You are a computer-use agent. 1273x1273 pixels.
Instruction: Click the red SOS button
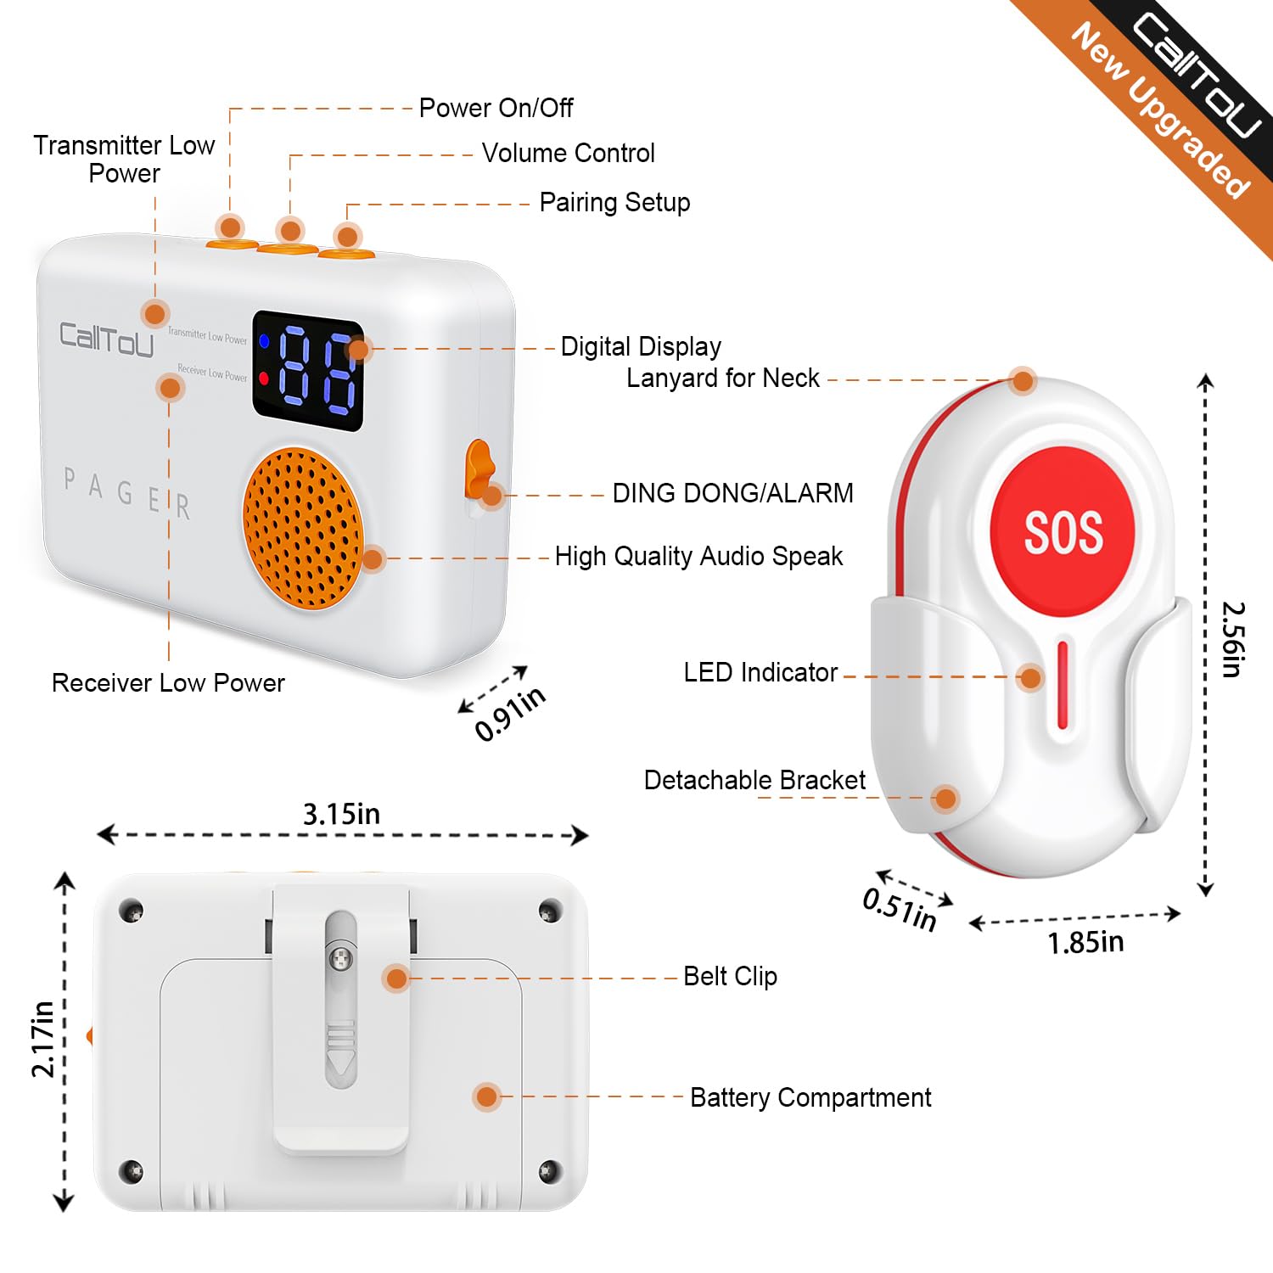pos(1063,532)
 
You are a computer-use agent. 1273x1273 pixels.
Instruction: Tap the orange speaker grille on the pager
pos(302,528)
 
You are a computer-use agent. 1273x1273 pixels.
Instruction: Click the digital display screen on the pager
pos(308,371)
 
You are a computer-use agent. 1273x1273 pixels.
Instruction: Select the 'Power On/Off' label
pos(496,109)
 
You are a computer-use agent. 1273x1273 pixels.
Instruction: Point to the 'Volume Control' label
pos(568,154)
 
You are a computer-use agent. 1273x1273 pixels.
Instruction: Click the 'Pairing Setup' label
pos(614,203)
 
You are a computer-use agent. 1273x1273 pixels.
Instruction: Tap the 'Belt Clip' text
pos(730,977)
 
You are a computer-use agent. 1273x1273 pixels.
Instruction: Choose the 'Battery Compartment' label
pos(810,1098)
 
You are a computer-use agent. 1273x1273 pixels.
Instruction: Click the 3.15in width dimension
pos(342,815)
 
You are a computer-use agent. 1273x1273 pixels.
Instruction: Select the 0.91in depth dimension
pos(509,714)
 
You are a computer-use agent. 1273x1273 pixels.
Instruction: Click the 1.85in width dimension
pos(1085,942)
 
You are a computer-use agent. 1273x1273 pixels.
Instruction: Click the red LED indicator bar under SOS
pos(1063,685)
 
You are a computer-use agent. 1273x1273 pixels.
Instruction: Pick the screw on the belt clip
pos(341,959)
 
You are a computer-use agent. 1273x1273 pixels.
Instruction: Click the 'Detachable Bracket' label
pos(754,781)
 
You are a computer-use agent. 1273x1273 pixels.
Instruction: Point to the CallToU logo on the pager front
pos(106,339)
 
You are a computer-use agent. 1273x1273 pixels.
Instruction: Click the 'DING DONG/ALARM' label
pos(732,494)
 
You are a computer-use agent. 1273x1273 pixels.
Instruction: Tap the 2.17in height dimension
pos(42,1040)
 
